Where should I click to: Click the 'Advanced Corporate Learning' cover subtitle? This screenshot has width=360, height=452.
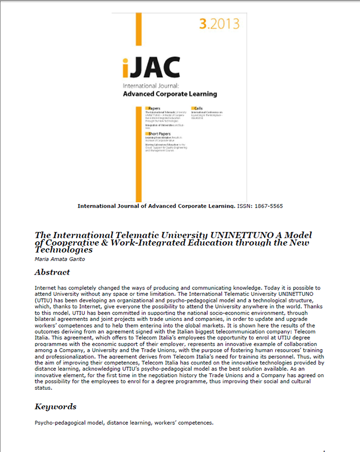point(170,94)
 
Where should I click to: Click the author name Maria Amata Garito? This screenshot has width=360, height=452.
point(58,259)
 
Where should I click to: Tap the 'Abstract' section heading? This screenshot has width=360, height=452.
point(52,272)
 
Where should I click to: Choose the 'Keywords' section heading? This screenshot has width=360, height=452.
point(56,407)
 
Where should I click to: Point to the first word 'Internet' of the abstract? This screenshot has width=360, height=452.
point(45,287)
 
